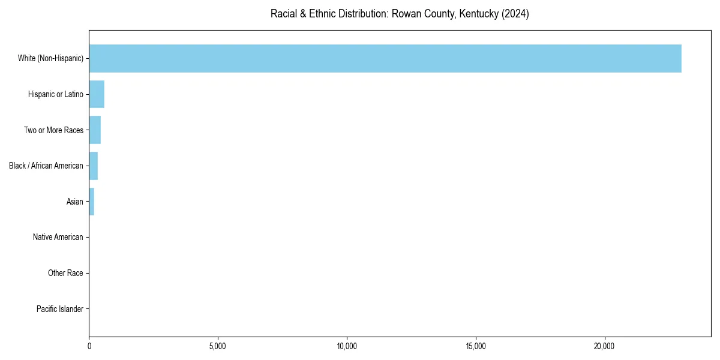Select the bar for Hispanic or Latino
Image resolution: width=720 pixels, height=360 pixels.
pyautogui.click(x=97, y=94)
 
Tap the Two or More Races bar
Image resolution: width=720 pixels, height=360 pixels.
pyautogui.click(x=95, y=130)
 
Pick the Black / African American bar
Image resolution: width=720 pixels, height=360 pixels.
pyautogui.click(x=94, y=166)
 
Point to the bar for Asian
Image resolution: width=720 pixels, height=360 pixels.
pyautogui.click(x=92, y=202)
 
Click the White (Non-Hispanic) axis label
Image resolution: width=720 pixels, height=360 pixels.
pyautogui.click(x=50, y=58)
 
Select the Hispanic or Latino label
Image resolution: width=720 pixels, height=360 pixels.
pyautogui.click(x=55, y=94)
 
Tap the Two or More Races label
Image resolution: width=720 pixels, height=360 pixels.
pyautogui.click(x=53, y=130)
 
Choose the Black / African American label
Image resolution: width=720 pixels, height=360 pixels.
pyautogui.click(x=46, y=166)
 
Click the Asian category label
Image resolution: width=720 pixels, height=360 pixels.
pyautogui.click(x=74, y=202)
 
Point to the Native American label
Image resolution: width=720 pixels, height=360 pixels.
pyautogui.click(x=58, y=238)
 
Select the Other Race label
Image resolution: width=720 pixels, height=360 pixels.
pyautogui.click(x=65, y=274)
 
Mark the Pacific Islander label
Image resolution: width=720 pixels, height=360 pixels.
pyautogui.click(x=59, y=310)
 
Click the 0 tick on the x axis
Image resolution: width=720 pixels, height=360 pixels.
pyautogui.click(x=89, y=346)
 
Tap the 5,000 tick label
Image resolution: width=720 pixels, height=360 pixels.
pyautogui.click(x=218, y=346)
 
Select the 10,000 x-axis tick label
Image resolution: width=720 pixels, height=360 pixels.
pyautogui.click(x=347, y=346)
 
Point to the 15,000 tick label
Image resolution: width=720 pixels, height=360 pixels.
pyautogui.click(x=476, y=346)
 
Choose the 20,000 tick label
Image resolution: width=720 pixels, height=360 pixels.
pyautogui.click(x=604, y=346)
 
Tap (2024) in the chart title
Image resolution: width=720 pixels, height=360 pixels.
pyautogui.click(x=517, y=14)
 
